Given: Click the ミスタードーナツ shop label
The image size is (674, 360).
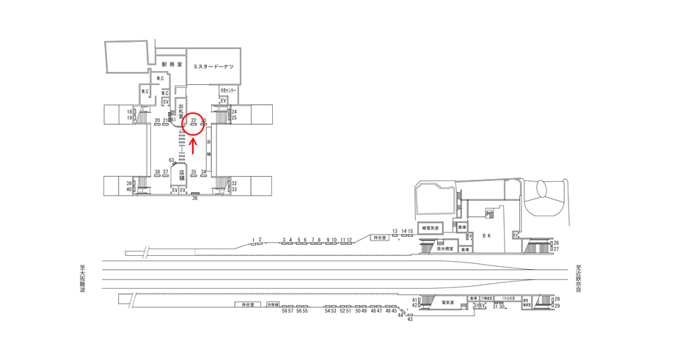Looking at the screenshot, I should (x=213, y=67).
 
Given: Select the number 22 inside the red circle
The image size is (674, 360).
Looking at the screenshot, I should (x=194, y=120).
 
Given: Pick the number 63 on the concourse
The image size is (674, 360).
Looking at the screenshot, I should (x=172, y=159).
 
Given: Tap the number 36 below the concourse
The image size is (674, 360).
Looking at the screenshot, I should (x=195, y=198).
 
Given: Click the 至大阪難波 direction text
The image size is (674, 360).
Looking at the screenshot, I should (x=83, y=279).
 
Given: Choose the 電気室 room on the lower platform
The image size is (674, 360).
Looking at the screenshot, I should (x=448, y=301).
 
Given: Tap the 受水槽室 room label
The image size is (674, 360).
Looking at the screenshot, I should (x=445, y=249).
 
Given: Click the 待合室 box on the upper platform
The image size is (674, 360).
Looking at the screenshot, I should (x=378, y=238).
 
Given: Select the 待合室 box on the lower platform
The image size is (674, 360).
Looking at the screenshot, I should (x=248, y=304).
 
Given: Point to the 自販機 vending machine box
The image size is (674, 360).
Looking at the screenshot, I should (x=273, y=304).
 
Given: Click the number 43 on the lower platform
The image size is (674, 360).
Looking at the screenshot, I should (x=410, y=320).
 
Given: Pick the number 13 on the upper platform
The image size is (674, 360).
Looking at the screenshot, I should (x=395, y=231).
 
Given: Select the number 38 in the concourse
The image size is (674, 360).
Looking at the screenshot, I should (x=157, y=172).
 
